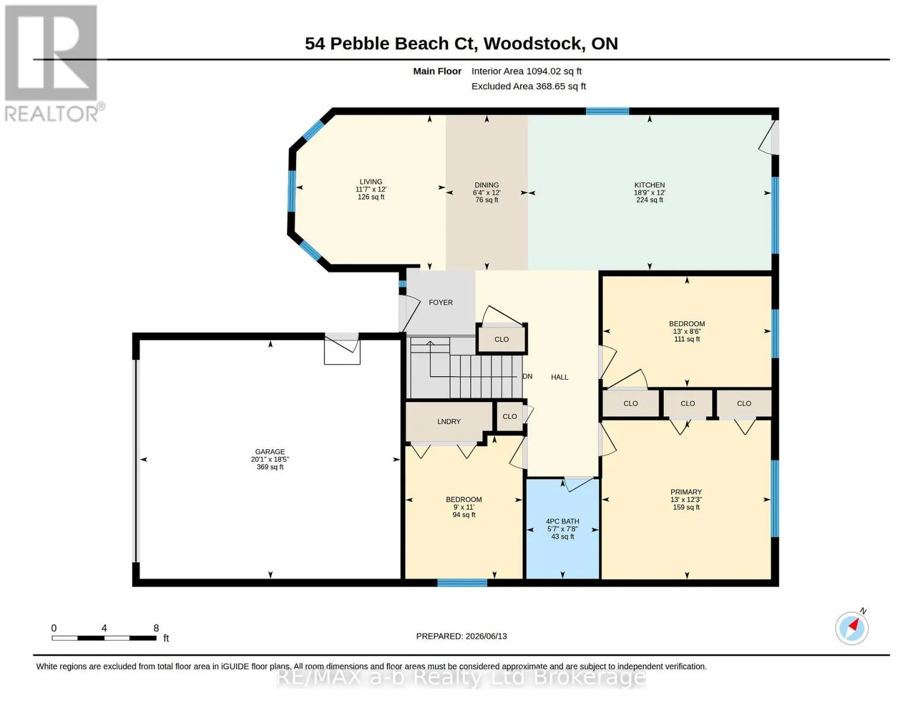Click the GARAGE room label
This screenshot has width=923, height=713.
[270, 452]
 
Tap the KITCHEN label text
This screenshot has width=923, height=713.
[650, 185]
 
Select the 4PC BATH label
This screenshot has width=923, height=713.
[562, 521]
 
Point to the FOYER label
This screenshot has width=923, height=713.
[440, 302]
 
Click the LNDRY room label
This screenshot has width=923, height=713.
[449, 421]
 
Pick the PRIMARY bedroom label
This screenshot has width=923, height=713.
[686, 492]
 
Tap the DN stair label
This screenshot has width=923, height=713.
[527, 376]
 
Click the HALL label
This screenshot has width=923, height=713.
[559, 377]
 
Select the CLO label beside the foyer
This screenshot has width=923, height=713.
[502, 339]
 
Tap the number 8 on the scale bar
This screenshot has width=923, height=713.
[156, 628]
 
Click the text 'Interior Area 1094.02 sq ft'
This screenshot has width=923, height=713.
[526, 71]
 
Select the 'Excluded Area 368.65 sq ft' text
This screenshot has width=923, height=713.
[528, 86]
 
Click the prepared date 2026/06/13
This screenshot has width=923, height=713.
[486, 636]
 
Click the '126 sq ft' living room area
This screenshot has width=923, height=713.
[371, 197]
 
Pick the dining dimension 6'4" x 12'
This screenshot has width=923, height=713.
[487, 193]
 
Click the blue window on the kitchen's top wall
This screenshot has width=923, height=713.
[607, 111]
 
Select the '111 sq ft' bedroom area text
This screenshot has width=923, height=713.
[687, 339]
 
